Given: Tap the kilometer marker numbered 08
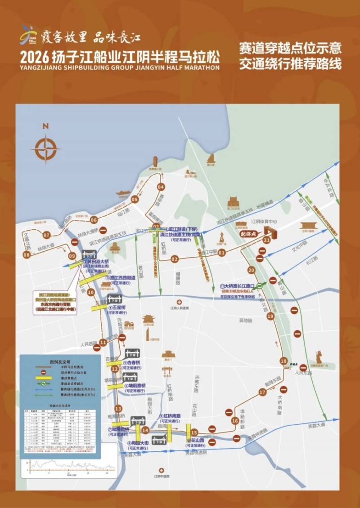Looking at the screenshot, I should [x=27, y=255].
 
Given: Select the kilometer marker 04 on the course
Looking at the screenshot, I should [x=161, y=187].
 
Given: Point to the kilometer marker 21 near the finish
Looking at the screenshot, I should [x=266, y=240].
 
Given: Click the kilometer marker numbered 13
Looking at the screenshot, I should [x=118, y=409].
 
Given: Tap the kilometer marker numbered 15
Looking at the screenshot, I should [x=194, y=432].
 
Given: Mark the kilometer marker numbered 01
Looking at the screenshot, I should [x=221, y=253].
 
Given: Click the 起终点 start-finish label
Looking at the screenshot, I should [x=248, y=234].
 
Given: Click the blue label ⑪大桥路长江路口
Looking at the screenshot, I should [x=237, y=286].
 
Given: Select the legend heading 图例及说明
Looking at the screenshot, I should [x=60, y=361].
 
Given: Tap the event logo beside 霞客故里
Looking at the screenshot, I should [x=28, y=35].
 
